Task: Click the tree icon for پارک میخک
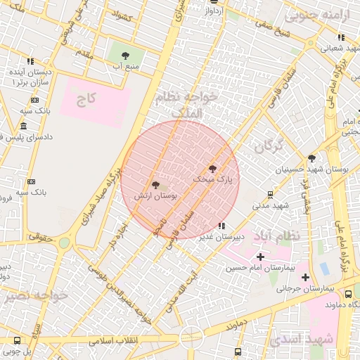coord(213,168)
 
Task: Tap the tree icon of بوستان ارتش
coord(155,184)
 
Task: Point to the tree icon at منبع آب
coord(124,53)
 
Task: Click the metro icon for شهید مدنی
coord(271,195)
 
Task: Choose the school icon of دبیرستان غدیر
coord(222,226)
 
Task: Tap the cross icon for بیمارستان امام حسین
coord(260,257)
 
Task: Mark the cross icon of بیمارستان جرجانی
coord(304,277)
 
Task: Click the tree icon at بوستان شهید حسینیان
coord(311,158)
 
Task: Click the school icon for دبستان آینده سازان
coord(30,62)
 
